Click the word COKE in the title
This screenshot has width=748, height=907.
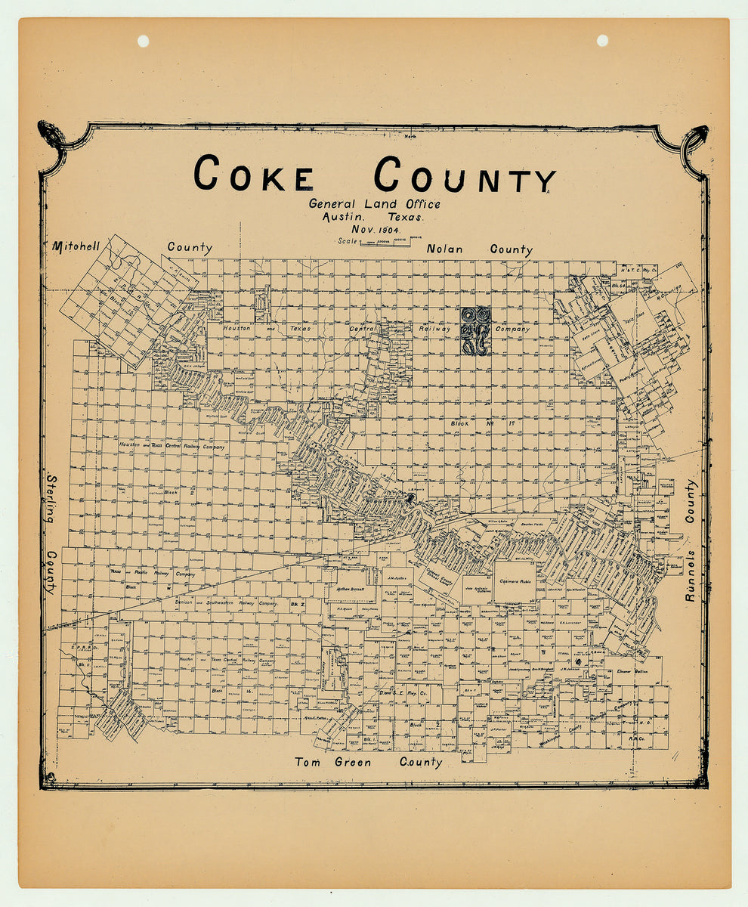(x=253, y=175)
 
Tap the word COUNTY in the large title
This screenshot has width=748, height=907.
(x=465, y=175)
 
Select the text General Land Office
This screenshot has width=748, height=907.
(x=374, y=203)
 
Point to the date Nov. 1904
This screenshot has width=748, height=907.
(x=375, y=229)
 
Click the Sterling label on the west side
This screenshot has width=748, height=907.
(x=52, y=500)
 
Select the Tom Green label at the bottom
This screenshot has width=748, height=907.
(x=332, y=762)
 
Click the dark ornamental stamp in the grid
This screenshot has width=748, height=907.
(x=475, y=330)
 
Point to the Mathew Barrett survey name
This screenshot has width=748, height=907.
(x=351, y=588)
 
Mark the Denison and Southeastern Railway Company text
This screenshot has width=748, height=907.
(x=219, y=603)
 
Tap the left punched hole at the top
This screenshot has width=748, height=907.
(x=143, y=41)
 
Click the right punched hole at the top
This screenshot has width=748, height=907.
(x=602, y=40)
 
